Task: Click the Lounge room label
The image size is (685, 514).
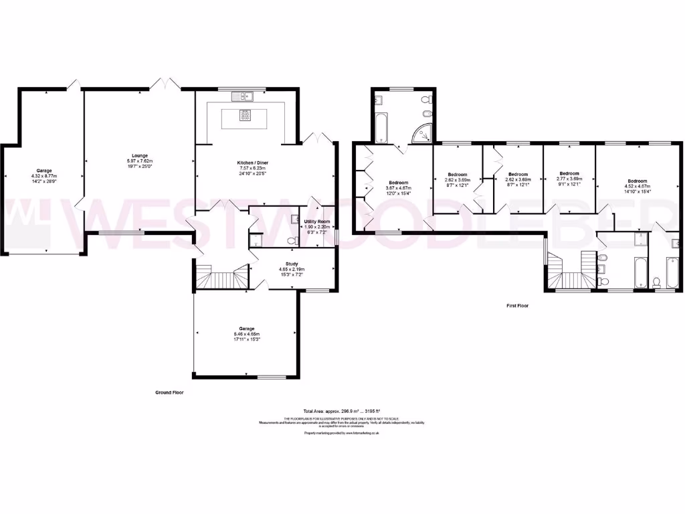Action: tap(140, 156)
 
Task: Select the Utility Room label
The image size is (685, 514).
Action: tap(318, 222)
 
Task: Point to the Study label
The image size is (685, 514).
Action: tap(291, 264)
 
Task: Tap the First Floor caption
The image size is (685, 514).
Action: tap(517, 305)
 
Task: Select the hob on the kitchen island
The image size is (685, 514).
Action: tap(246, 115)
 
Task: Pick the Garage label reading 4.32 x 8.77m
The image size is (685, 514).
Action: tap(44, 171)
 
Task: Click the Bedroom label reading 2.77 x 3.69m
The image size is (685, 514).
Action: tap(569, 172)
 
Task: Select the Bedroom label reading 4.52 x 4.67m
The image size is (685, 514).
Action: tap(637, 181)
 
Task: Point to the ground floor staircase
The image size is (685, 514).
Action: tap(221, 276)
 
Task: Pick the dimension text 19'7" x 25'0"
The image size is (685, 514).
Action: tap(140, 167)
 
